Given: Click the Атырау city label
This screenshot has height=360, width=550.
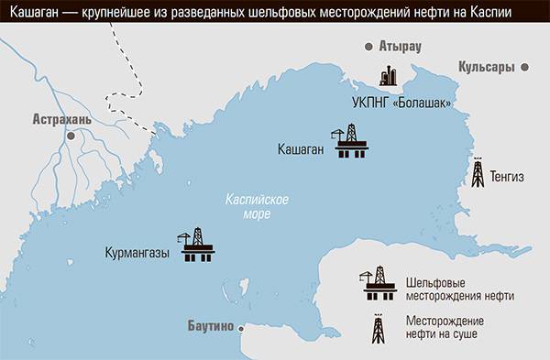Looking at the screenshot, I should (400, 46).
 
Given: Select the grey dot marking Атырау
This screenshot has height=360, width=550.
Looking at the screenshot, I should (368, 46).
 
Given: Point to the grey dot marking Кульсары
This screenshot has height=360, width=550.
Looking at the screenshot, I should (525, 67).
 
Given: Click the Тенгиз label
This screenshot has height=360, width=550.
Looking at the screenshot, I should (509, 178).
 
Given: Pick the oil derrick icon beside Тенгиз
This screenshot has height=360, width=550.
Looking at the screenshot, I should (478, 172).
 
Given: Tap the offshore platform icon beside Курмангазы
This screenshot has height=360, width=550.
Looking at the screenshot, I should (195, 245).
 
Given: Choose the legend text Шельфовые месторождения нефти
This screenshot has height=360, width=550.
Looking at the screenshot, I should (458, 289).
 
